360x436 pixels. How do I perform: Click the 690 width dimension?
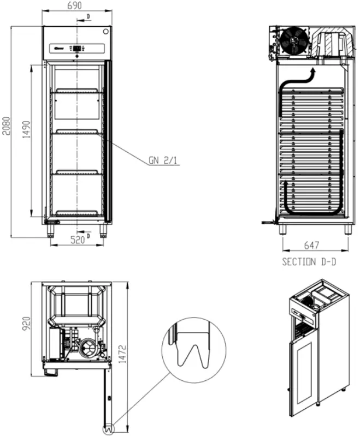74,6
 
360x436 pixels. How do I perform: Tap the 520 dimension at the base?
76,240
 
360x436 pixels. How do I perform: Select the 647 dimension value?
312,246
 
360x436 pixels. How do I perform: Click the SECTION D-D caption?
309,261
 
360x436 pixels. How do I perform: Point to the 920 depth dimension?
25,326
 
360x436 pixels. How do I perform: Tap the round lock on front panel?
105,31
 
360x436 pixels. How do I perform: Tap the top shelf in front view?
77,91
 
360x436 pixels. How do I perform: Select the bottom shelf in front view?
77,212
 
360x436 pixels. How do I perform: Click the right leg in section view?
347,229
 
